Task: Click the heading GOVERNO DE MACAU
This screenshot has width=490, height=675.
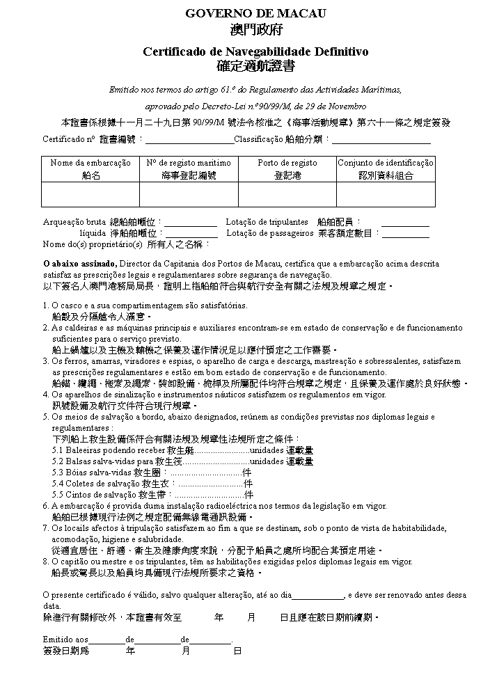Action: pyautogui.click(x=255, y=13)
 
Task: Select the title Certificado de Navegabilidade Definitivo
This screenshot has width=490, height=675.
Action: pyautogui.click(x=255, y=51)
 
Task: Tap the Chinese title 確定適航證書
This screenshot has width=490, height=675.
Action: pyautogui.click(x=255, y=67)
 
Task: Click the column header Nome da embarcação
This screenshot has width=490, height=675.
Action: pyautogui.click(x=90, y=163)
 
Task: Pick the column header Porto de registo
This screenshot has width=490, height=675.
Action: pyautogui.click(x=287, y=163)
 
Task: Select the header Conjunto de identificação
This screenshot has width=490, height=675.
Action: pyautogui.click(x=386, y=163)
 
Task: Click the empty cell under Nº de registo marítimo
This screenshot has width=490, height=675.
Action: pyautogui.click(x=189, y=194)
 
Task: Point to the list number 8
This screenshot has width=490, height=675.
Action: pyautogui.click(x=45, y=562)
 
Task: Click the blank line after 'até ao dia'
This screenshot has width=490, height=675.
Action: pyautogui.click(x=318, y=595)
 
